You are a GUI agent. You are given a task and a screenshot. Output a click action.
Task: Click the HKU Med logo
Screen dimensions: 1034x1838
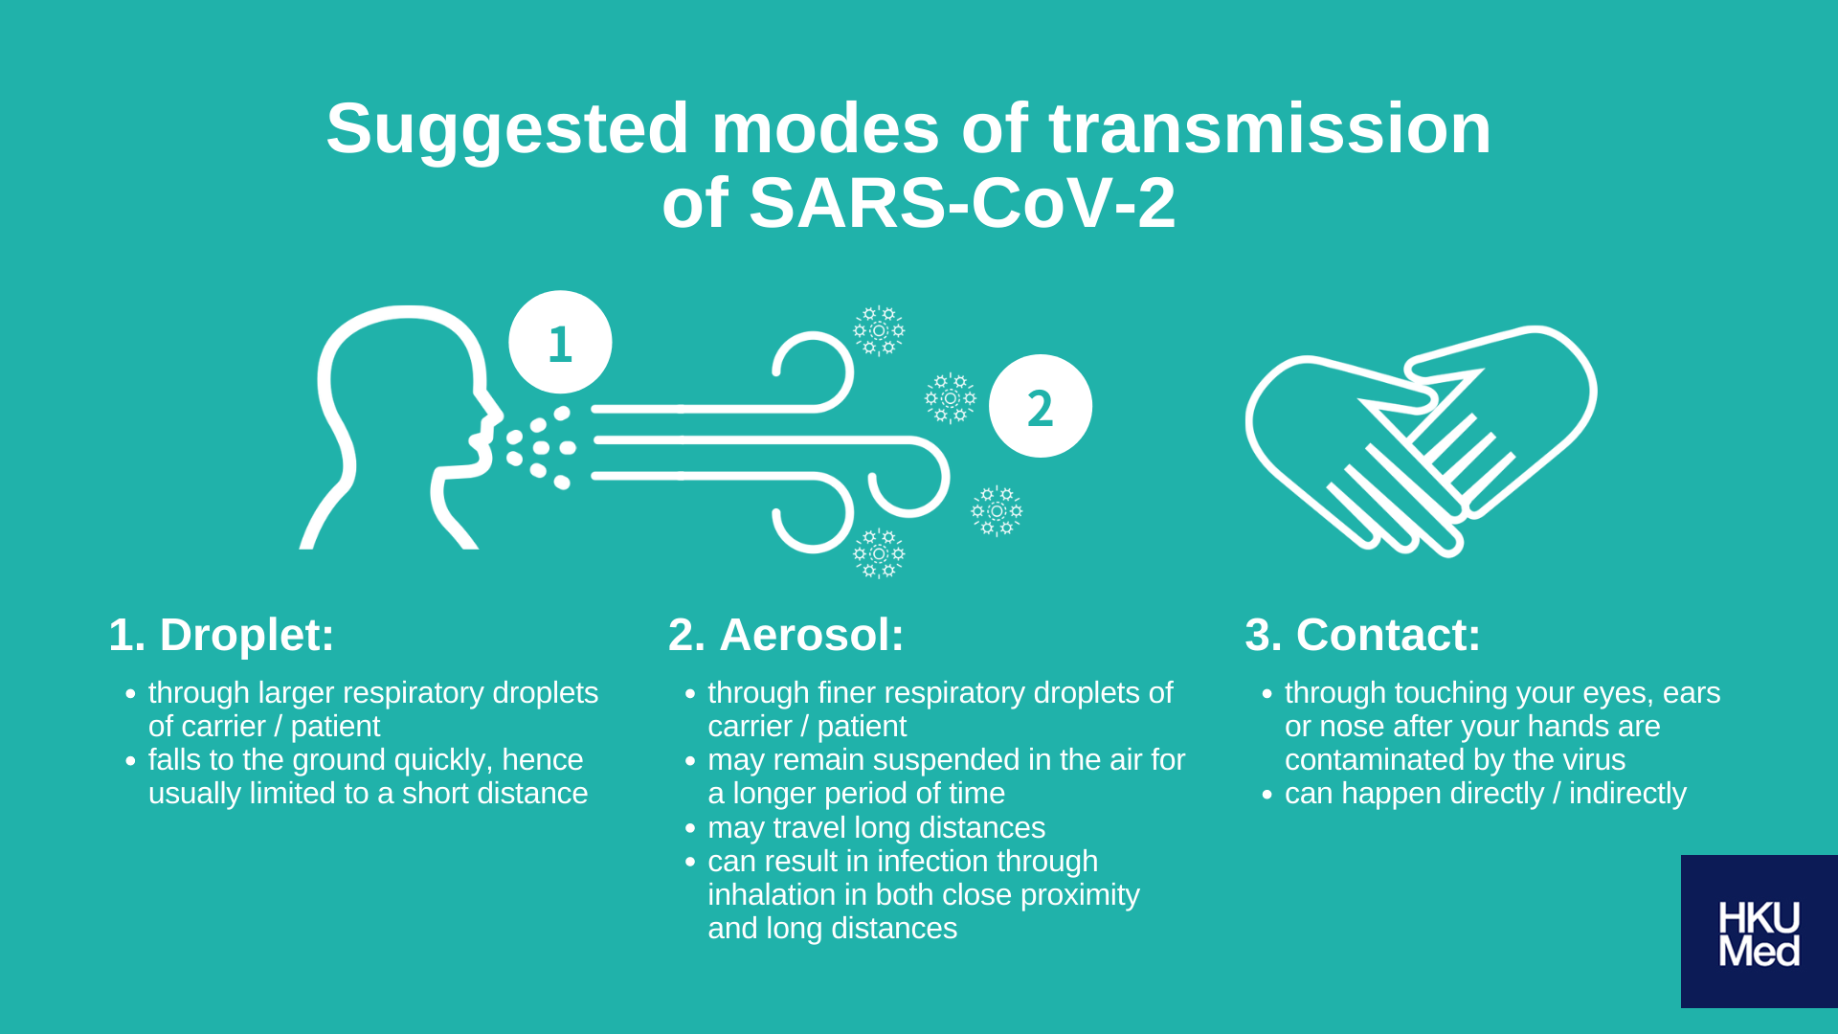(x=1759, y=932)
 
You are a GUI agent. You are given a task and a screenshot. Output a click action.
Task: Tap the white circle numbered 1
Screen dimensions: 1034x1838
(x=560, y=342)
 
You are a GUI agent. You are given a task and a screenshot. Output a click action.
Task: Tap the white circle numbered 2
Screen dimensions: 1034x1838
(x=1040, y=406)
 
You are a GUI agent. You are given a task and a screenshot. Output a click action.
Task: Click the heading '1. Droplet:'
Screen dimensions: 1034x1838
(x=221, y=635)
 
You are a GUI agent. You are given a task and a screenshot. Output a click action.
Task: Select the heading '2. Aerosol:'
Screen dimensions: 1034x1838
(x=785, y=635)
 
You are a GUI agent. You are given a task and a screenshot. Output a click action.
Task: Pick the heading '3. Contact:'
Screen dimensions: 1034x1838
(x=1362, y=635)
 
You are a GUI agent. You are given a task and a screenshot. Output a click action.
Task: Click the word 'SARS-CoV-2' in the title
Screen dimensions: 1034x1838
(x=961, y=203)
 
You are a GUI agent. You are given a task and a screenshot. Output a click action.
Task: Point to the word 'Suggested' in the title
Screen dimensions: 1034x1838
(x=506, y=128)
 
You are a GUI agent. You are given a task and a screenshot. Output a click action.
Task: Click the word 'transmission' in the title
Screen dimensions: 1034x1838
(x=1269, y=128)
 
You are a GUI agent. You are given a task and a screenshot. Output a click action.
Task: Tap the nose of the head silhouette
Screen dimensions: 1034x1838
(x=494, y=412)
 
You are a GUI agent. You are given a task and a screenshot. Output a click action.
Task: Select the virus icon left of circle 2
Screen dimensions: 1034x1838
(x=950, y=398)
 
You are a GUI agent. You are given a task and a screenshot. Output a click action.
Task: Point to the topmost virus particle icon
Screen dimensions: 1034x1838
(x=879, y=330)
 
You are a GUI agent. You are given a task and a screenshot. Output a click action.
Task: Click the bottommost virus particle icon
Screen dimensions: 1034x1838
(x=879, y=553)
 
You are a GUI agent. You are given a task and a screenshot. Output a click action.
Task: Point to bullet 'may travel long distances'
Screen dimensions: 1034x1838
(x=876, y=827)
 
